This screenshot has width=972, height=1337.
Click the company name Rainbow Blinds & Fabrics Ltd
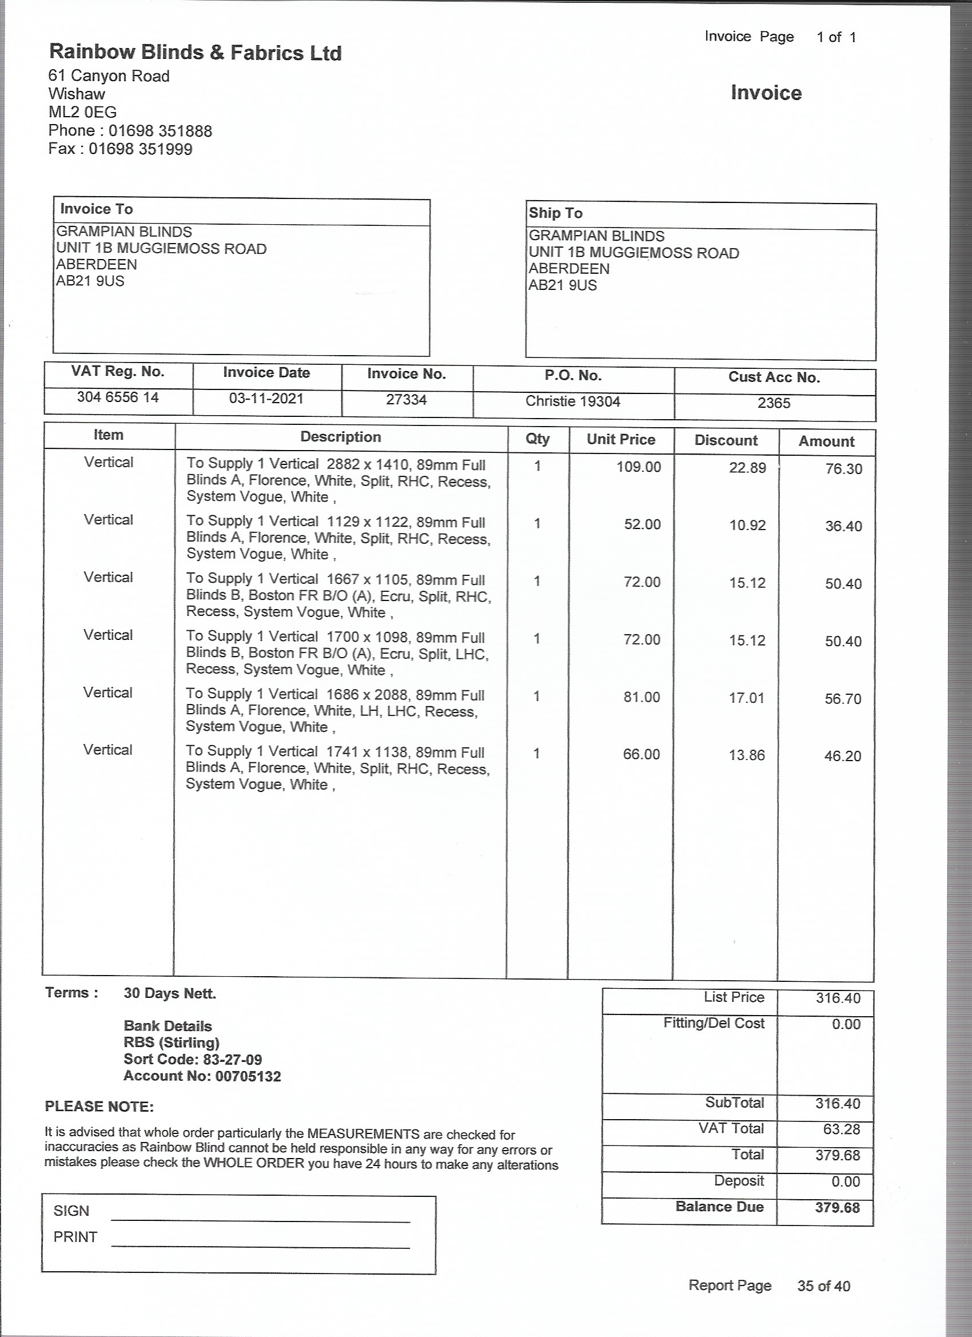(x=195, y=53)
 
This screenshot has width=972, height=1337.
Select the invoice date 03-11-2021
(x=266, y=399)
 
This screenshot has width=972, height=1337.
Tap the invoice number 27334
(x=406, y=400)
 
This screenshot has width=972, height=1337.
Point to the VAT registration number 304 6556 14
(x=118, y=397)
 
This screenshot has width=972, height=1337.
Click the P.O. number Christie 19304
(x=572, y=401)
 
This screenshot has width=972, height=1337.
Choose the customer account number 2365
(x=774, y=403)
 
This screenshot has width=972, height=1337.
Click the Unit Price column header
(x=621, y=439)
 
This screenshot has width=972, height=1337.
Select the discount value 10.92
(x=747, y=525)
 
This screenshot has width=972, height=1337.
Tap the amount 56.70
(x=843, y=699)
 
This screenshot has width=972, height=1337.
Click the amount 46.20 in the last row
(x=842, y=756)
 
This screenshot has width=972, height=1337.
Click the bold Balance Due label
(x=719, y=1207)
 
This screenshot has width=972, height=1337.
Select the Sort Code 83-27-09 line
(x=193, y=1059)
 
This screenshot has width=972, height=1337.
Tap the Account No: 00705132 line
(x=202, y=1076)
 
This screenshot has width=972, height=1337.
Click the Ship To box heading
(x=555, y=213)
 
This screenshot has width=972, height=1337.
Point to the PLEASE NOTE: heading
(x=99, y=1107)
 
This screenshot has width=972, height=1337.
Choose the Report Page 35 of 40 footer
(x=768, y=1286)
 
